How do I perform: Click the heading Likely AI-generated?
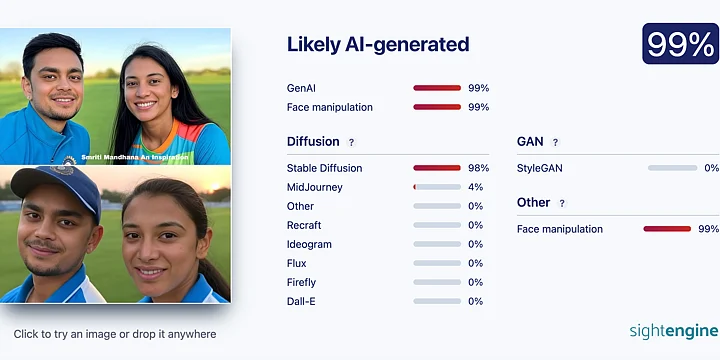pyautogui.click(x=377, y=44)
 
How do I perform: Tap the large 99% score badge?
pyautogui.click(x=680, y=44)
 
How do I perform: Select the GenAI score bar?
pyautogui.click(x=437, y=88)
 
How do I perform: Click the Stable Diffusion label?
pyautogui.click(x=324, y=168)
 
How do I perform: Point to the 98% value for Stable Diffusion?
pyautogui.click(x=478, y=168)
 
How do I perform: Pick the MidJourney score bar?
pyautogui.click(x=437, y=187)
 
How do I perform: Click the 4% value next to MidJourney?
pyautogui.click(x=476, y=187)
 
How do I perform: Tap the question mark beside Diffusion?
pyautogui.click(x=351, y=142)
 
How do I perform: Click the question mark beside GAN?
pyautogui.click(x=555, y=142)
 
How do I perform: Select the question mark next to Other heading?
pyautogui.click(x=562, y=203)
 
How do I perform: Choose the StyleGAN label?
pyautogui.click(x=540, y=168)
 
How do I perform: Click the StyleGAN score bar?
pyautogui.click(x=672, y=168)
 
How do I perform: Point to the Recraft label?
pyautogui.click(x=304, y=225)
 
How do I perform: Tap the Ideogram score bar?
pyautogui.click(x=437, y=244)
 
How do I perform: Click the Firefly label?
pyautogui.click(x=301, y=282)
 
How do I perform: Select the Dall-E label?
pyautogui.click(x=301, y=301)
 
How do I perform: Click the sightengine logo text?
pyautogui.click(x=673, y=331)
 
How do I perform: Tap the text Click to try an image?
pyautogui.click(x=115, y=334)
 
